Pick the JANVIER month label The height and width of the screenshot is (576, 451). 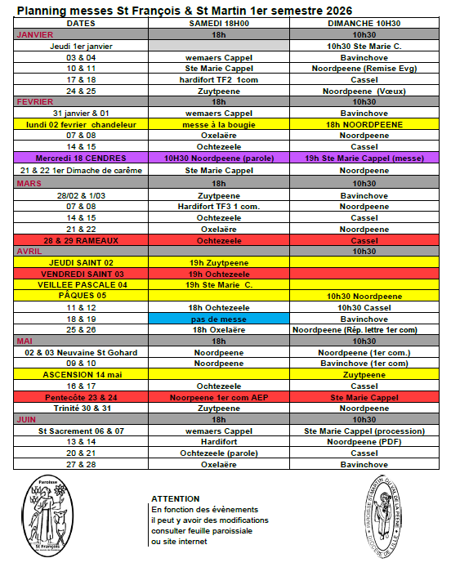35,36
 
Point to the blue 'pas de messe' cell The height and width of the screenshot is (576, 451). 219,318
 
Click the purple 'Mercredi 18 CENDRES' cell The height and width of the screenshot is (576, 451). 81,158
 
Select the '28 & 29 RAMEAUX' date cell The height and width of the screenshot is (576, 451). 81,241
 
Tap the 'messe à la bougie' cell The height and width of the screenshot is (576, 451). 219,123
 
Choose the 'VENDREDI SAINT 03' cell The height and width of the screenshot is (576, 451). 81,274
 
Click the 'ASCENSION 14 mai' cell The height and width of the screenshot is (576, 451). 81,373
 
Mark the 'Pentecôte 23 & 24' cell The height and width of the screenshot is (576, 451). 81,396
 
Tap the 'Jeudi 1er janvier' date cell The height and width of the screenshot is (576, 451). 81,47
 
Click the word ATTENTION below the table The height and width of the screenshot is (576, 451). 175,498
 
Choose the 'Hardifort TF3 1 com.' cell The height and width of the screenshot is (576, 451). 219,207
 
